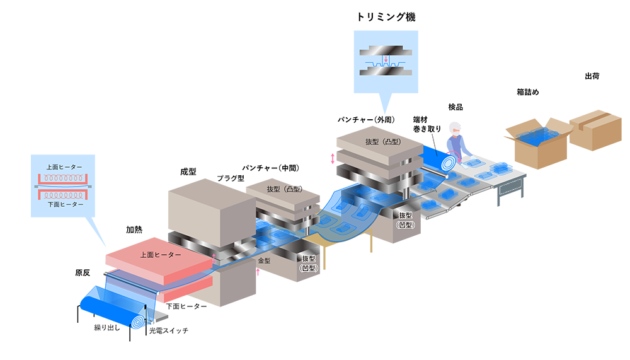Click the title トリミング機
(386, 17)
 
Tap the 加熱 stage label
(134, 229)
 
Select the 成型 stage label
(188, 171)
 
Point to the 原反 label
(83, 273)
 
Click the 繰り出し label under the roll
(107, 328)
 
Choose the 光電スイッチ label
(169, 330)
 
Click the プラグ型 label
(231, 178)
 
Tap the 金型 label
(264, 260)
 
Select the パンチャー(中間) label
(271, 168)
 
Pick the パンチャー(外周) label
(367, 120)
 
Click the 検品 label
(455, 107)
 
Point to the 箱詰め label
(527, 92)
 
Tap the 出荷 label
(592, 76)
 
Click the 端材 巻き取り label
(427, 124)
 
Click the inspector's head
(455, 129)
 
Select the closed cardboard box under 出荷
(595, 130)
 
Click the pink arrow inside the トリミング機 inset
(386, 59)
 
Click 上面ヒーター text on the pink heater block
(161, 255)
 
